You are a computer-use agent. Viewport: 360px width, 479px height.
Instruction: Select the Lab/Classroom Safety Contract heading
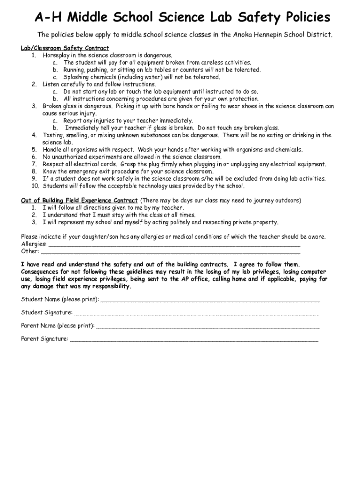(65, 48)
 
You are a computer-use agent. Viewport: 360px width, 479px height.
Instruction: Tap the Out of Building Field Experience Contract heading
(79, 201)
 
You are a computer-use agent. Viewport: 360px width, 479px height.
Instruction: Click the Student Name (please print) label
(60, 299)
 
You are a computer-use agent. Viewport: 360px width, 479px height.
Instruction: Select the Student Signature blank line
(196, 312)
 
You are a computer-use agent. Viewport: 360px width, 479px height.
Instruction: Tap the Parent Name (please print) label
(58, 326)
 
